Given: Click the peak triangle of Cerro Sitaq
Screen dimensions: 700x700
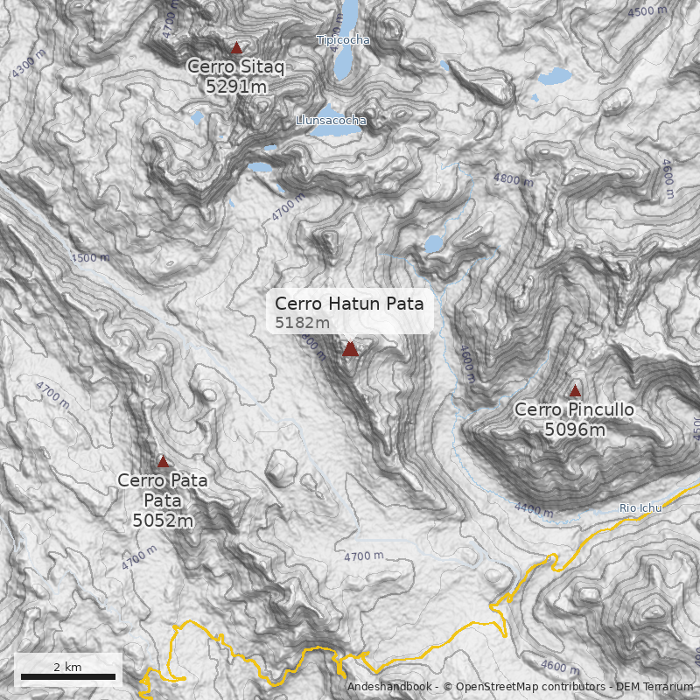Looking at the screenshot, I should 236,48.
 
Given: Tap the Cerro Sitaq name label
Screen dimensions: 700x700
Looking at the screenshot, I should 236,66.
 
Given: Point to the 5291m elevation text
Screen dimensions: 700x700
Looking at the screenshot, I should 236,86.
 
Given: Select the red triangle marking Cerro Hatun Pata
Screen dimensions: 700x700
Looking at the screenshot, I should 350,349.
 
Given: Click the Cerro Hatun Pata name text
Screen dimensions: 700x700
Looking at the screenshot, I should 349,304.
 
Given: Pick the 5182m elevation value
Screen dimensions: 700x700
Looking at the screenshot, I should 302,323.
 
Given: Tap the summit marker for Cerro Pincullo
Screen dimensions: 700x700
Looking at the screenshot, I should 575,391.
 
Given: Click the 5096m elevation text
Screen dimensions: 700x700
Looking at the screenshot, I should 575,430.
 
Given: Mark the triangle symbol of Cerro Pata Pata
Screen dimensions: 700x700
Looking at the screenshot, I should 163,461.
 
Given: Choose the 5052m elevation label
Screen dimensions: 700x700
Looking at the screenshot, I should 163,521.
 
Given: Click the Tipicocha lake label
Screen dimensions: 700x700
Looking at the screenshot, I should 343,40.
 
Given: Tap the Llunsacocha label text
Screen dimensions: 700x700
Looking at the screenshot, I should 331,120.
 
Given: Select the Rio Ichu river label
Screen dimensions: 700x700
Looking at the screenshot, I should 640,507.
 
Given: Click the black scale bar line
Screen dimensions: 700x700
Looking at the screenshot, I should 68,676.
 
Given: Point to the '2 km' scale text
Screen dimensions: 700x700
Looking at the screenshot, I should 67,667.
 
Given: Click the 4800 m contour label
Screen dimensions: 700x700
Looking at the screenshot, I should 513,179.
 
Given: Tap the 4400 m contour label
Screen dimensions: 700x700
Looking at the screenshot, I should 534,508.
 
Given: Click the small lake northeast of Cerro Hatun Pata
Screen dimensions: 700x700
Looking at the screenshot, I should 434,244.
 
